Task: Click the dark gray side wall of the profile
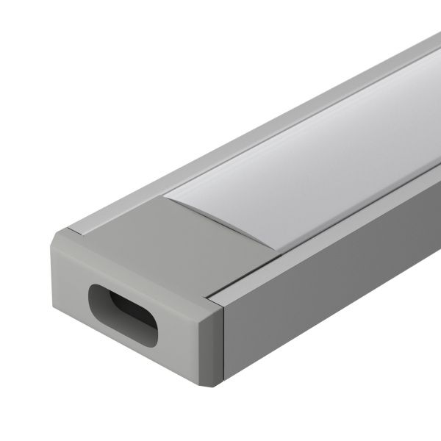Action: [331, 294]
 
